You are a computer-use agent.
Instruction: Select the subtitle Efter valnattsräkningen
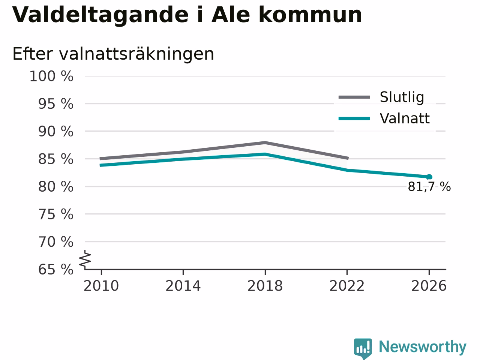(113, 54)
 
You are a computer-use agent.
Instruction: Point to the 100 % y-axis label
(51, 76)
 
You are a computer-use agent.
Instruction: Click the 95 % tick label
(56, 104)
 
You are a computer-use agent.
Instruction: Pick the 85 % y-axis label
(56, 159)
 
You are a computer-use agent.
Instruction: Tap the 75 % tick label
(56, 214)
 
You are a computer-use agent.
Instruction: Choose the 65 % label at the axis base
(56, 269)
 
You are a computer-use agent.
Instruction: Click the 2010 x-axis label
(101, 286)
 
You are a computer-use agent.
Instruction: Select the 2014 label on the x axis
(183, 286)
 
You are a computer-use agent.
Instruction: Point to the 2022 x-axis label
(347, 286)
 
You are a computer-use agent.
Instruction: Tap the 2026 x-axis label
(429, 286)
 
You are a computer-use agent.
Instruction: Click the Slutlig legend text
(402, 97)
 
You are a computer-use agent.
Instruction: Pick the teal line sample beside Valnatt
(354, 119)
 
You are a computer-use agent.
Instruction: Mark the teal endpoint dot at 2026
(429, 177)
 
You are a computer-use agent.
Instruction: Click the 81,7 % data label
(429, 187)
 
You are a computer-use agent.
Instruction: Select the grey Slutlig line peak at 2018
(265, 143)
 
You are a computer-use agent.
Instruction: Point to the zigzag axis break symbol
(85, 259)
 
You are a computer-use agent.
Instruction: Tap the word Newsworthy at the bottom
(423, 347)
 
